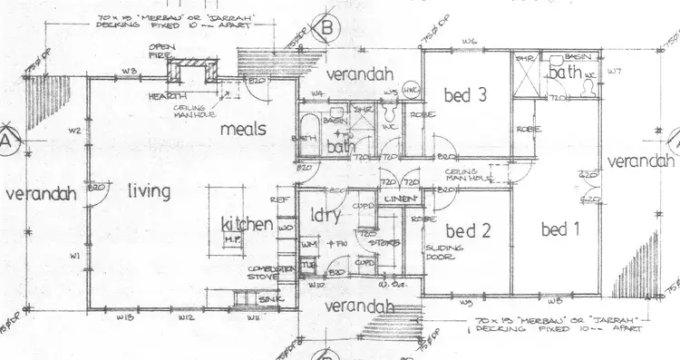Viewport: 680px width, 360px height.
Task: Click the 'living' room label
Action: (151, 190)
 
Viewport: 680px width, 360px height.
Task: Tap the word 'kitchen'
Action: (248, 223)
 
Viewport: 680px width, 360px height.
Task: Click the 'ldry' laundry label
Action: (325, 219)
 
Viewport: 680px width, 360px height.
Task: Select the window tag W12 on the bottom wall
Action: (186, 317)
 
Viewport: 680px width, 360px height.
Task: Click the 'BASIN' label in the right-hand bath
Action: (572, 56)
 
